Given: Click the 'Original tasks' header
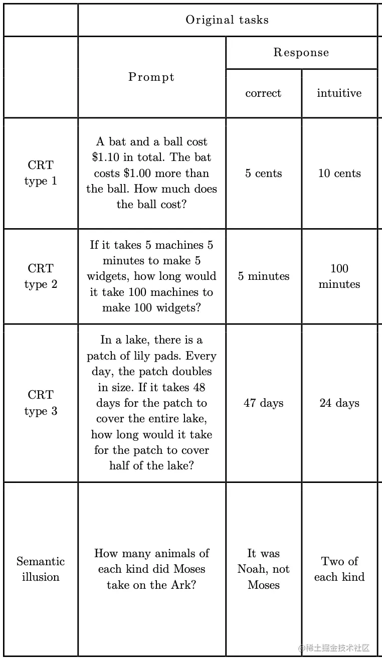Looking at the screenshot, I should tap(227, 20).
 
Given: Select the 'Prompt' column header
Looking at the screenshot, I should tap(151, 77).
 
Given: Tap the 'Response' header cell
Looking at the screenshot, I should tap(301, 53).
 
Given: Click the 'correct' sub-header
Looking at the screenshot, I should tap(263, 93).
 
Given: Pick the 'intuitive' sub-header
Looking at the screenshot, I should tap(339, 93).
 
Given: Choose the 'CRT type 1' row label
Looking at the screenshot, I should tap(41, 173).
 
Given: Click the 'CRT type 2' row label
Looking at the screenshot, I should tap(41, 276).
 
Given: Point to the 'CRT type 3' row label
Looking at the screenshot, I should tap(41, 403).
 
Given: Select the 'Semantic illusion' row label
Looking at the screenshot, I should tap(41, 569).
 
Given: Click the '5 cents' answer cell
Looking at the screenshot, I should tap(263, 174).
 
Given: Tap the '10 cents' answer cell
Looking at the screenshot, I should tap(339, 174).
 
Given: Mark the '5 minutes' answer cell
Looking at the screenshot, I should tap(264, 276).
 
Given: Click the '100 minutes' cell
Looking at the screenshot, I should tap(339, 276).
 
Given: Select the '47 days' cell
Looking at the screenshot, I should tap(264, 403).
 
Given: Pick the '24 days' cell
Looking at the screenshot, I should tap(339, 403).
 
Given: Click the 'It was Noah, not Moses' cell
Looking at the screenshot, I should tap(264, 569).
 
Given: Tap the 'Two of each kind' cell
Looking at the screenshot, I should tap(339, 569).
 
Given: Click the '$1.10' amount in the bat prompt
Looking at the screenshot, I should tap(106, 157).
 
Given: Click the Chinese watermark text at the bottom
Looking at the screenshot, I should tap(337, 648).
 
